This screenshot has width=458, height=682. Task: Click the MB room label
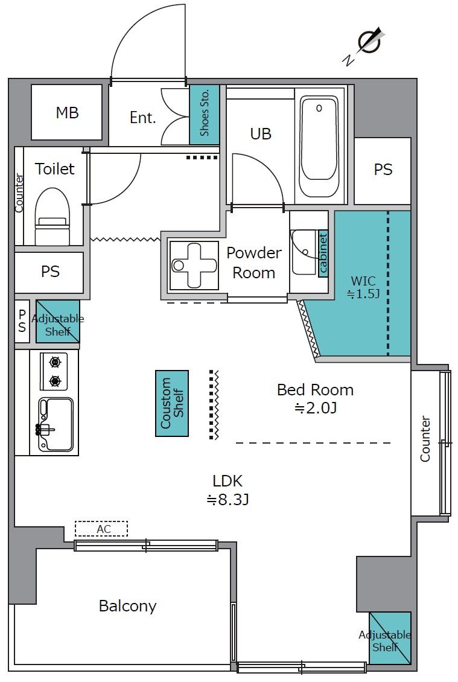coord(67,113)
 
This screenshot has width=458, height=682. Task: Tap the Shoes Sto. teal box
coord(205,115)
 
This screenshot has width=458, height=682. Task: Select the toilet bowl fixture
coord(52,216)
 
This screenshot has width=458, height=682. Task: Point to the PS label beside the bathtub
coord(383,169)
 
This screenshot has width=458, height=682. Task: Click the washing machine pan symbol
coord(194,265)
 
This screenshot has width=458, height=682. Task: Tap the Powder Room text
coord(254,263)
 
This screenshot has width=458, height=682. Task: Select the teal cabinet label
coord(323,253)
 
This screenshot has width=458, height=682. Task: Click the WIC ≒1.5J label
coord(363,287)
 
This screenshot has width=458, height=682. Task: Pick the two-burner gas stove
coord(54,371)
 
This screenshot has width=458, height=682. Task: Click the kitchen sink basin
coord(56,424)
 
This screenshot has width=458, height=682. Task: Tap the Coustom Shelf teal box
coord(172,403)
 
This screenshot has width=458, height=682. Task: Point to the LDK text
coord(227,480)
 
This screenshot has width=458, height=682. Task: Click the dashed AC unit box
coord(101,529)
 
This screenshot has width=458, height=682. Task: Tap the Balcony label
coord(127,606)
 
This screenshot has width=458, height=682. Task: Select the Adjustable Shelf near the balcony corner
coord(390,637)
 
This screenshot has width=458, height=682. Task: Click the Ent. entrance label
coord(142,118)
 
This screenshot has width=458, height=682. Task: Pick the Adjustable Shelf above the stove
coord(57,322)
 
